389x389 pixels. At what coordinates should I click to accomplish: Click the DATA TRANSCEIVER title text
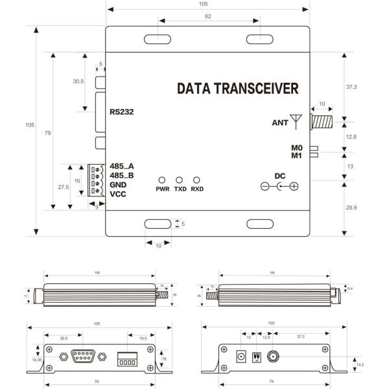click(x=237, y=88)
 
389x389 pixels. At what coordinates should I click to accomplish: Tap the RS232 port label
click(x=122, y=111)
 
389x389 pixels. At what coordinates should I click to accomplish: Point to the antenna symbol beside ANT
click(x=297, y=120)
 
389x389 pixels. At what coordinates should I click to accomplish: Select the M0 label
click(x=296, y=147)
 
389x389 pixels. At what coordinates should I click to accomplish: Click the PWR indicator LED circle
click(x=162, y=180)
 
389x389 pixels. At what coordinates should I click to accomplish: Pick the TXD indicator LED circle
click(x=180, y=180)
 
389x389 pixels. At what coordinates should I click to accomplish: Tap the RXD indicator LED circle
click(x=197, y=180)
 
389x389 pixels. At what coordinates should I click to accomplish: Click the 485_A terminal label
click(x=122, y=166)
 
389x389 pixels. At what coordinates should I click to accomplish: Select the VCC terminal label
click(x=118, y=194)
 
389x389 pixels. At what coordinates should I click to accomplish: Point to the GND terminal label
click(x=119, y=185)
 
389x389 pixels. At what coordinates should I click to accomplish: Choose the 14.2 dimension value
click(x=360, y=365)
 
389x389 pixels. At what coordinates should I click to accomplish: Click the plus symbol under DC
click(x=294, y=187)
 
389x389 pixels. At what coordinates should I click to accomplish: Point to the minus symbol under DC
click(x=265, y=187)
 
